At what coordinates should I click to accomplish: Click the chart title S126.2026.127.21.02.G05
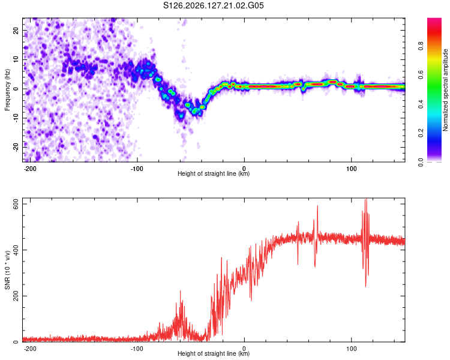coord(213,5)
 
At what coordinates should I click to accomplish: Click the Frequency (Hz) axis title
coord(7,90)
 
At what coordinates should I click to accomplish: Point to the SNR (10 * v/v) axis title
coord(7,270)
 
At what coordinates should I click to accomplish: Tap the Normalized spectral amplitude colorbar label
coord(445,90)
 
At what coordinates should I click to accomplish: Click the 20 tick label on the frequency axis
coord(16,30)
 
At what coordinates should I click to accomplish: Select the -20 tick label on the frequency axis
coord(16,147)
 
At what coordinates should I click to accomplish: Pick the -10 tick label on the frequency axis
coord(16,118)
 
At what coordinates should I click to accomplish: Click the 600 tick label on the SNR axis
coord(16,204)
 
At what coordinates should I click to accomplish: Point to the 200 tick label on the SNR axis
coord(16,296)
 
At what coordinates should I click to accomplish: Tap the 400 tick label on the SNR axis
coord(16,250)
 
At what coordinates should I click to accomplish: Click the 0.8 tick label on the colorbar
coord(421,46)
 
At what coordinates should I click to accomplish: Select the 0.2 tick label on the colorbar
coord(421,133)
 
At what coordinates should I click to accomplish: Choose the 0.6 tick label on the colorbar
coord(421,75)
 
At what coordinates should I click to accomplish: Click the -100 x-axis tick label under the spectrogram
coord(137,169)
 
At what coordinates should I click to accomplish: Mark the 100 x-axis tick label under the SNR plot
coord(351,349)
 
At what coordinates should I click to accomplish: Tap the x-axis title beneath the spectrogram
coord(214,173)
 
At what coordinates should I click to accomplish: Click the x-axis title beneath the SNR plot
coord(214,353)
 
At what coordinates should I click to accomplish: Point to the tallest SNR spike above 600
coord(366,200)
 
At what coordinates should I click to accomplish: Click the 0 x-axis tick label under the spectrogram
coord(244,169)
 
